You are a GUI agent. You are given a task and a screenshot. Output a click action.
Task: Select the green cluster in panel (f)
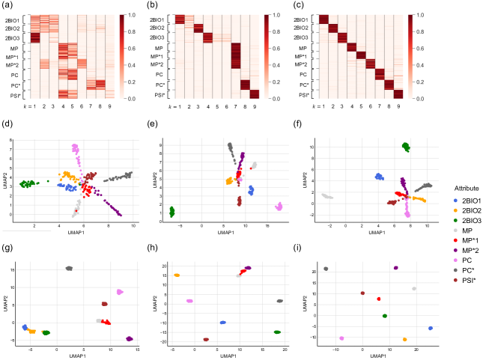click(x=406, y=146)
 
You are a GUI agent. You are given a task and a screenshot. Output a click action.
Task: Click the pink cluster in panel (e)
click(x=279, y=206)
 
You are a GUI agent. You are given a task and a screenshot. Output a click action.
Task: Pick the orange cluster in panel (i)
click(x=404, y=339)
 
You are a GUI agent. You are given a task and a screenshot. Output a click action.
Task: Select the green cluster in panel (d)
click(x=31, y=183)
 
